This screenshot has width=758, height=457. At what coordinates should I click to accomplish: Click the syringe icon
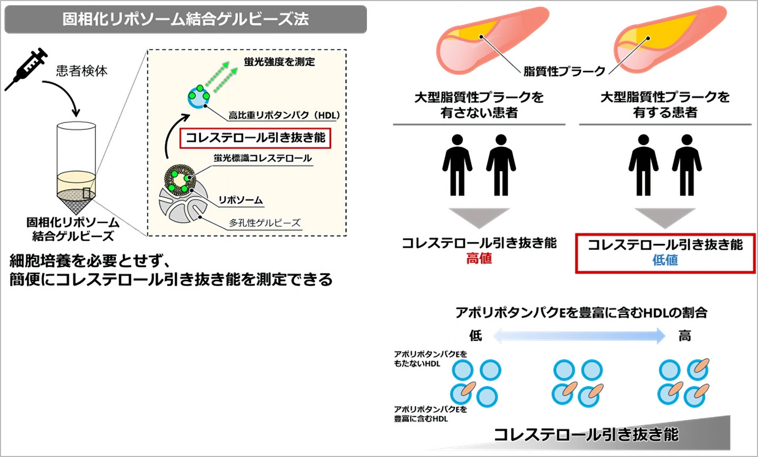click(x=26, y=68)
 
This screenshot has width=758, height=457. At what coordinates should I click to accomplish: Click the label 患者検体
click(x=82, y=70)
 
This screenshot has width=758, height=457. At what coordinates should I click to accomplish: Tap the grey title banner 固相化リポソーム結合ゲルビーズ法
click(x=185, y=19)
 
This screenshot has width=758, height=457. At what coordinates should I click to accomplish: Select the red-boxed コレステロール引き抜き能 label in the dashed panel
click(x=255, y=138)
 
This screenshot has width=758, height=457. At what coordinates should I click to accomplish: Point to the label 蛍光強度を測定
click(x=279, y=62)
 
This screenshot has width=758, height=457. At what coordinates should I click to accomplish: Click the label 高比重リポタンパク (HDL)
click(x=284, y=115)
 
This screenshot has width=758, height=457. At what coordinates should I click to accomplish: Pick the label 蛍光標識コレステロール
click(x=263, y=158)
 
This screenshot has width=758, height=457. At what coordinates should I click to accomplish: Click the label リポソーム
click(x=241, y=200)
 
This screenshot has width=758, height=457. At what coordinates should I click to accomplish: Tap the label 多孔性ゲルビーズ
click(x=264, y=223)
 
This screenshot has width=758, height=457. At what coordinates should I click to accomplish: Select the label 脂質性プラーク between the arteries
click(x=564, y=71)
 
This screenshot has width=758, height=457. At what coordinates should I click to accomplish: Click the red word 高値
click(x=479, y=259)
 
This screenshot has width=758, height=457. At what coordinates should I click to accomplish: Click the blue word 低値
click(x=665, y=260)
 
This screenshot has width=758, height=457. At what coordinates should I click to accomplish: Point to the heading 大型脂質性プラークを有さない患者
click(x=479, y=105)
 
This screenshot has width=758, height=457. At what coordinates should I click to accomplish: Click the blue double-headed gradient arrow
click(x=580, y=336)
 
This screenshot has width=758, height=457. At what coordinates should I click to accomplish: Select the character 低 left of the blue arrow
click(x=475, y=336)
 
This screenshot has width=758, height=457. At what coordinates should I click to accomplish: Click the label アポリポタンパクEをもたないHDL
click(x=430, y=359)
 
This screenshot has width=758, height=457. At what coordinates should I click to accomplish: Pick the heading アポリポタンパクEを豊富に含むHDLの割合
click(x=581, y=312)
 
